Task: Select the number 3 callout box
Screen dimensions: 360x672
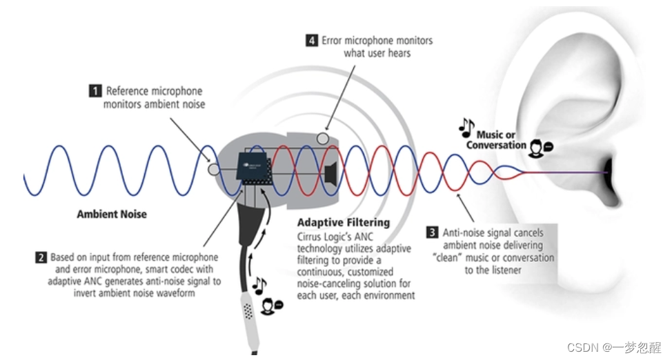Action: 433,232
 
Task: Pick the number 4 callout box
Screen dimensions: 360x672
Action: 312,40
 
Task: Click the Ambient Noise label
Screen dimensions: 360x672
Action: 112,214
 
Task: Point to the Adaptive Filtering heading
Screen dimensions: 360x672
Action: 343,223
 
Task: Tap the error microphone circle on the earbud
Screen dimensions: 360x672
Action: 322,138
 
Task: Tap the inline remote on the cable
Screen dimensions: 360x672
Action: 248,312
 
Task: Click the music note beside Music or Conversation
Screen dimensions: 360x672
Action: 466,127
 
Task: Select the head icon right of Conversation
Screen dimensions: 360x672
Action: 537,147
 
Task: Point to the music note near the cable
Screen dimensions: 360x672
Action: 259,285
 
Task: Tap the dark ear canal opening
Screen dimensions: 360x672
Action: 608,167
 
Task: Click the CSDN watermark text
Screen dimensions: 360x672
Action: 615,347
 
